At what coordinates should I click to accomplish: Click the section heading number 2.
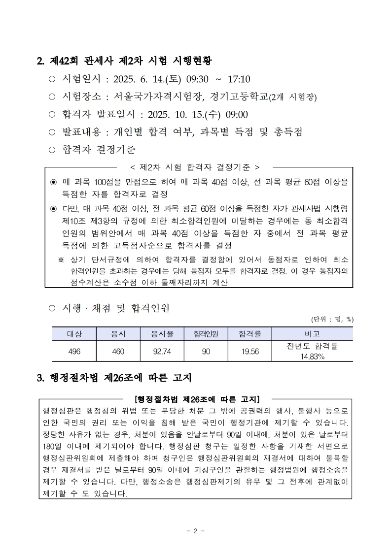pos(40,62)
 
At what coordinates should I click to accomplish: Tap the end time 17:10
pos(239,79)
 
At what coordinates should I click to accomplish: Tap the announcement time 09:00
pos(237,115)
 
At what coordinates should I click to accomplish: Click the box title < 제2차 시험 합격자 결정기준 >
pos(194,167)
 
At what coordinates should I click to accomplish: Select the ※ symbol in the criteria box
pos(61,260)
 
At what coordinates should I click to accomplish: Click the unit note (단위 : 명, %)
pos(332,319)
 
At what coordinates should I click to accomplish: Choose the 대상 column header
pos(74,334)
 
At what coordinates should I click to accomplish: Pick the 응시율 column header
pos(162,334)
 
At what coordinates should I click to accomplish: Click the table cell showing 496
pos(74,351)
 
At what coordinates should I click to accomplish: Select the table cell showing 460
pos(118,351)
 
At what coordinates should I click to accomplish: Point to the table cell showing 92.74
pos(162,351)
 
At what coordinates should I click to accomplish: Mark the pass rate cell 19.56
pos(250,351)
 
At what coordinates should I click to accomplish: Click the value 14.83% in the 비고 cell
pos(312,357)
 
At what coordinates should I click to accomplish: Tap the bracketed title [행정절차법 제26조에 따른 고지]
pos(197,398)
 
